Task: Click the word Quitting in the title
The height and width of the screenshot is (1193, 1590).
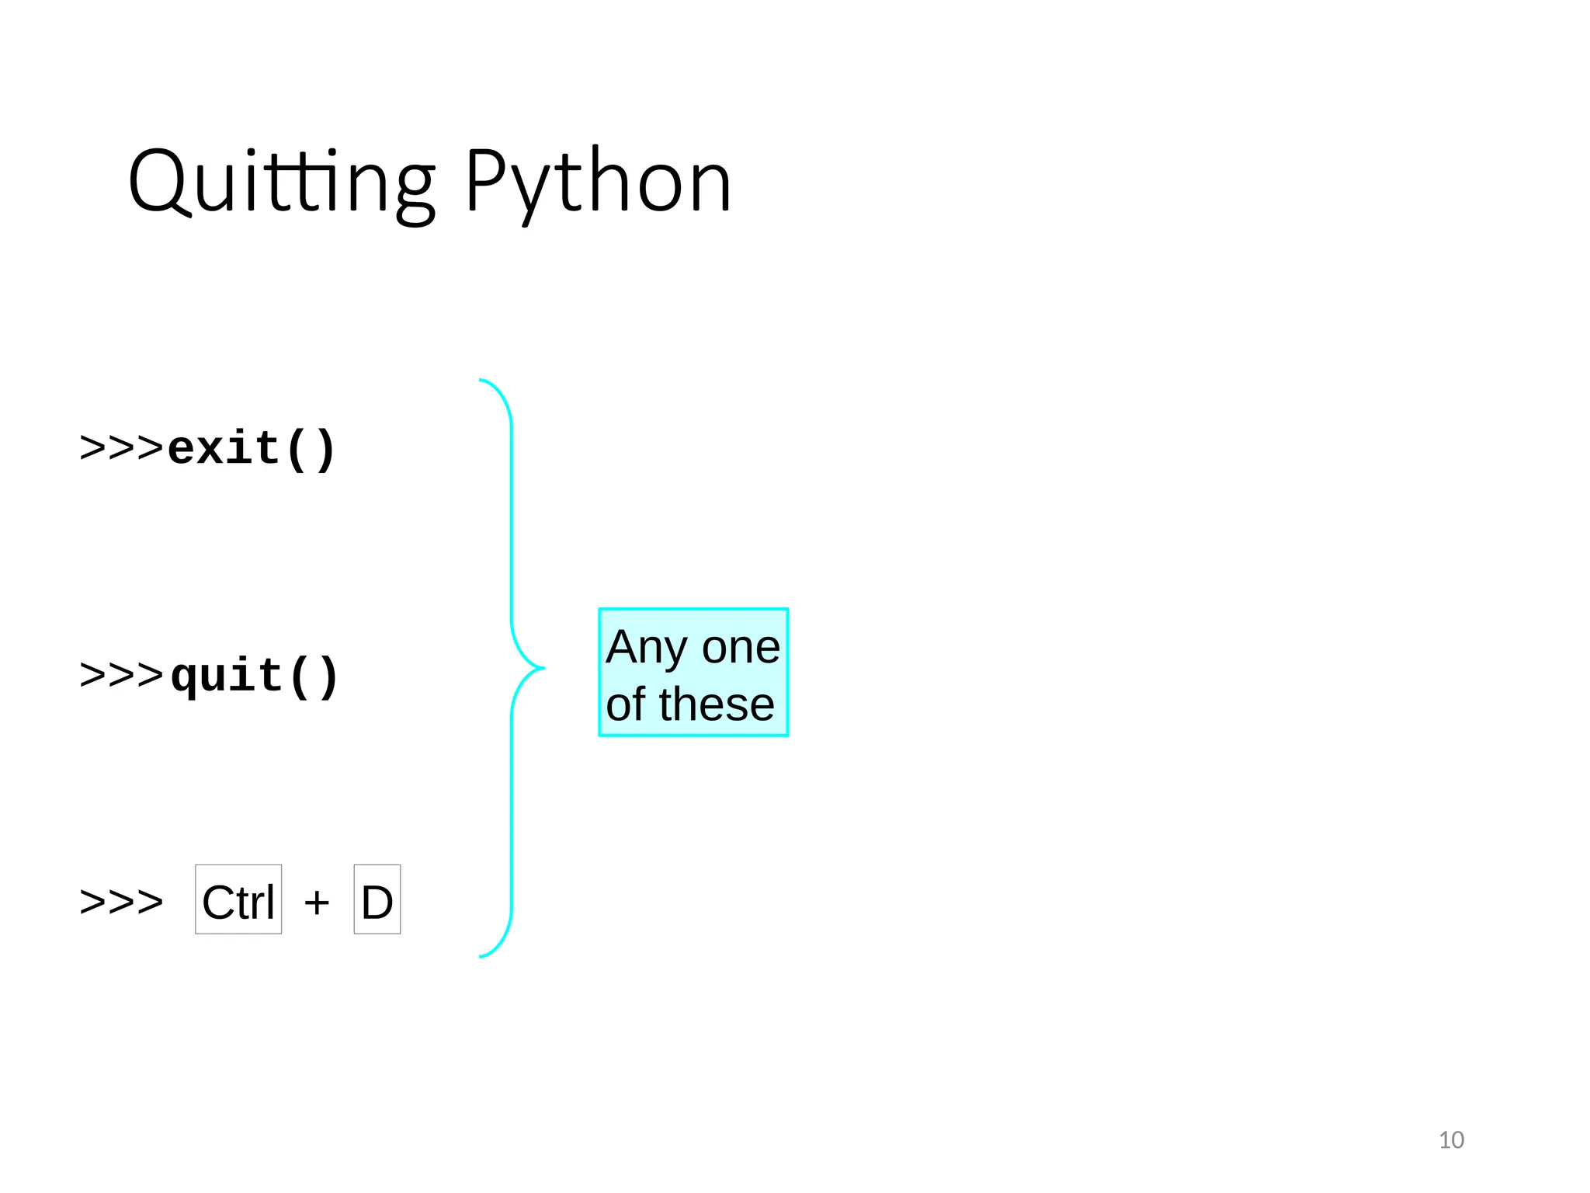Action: click(281, 183)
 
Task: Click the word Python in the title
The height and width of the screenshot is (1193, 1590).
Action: click(598, 183)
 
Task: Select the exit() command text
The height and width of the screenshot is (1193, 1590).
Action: click(252, 449)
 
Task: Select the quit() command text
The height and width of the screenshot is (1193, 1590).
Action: click(254, 676)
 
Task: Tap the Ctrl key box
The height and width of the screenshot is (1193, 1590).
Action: click(238, 899)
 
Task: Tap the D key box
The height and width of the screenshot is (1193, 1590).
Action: click(377, 899)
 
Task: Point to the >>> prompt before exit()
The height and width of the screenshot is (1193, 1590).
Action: click(122, 448)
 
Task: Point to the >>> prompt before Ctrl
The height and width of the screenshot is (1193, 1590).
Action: click(122, 902)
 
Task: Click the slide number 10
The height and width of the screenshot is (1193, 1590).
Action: click(1451, 1139)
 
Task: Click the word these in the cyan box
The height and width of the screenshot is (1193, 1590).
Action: click(717, 704)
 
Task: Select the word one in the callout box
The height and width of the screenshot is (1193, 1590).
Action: click(741, 648)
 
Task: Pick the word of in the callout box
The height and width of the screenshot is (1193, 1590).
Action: click(626, 704)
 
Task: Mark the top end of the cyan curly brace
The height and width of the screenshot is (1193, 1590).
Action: click(482, 381)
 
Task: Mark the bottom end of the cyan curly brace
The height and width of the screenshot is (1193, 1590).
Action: click(482, 956)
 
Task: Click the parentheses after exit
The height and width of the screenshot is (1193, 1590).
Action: click(310, 449)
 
